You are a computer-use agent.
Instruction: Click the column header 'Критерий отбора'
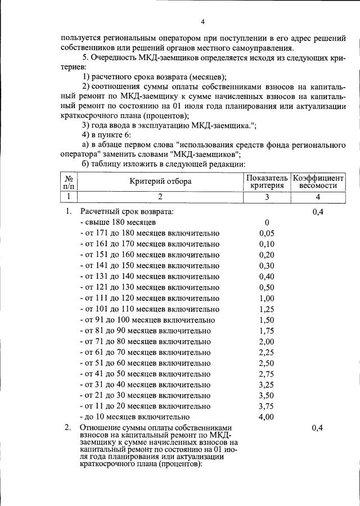pyautogui.click(x=160, y=181)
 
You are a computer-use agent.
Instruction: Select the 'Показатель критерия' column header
pyautogui.click(x=267, y=181)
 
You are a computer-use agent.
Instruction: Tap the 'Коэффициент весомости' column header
pyautogui.click(x=318, y=181)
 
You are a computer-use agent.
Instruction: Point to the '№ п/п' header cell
pyautogui.click(x=70, y=181)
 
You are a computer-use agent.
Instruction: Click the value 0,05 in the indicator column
pyautogui.click(x=267, y=233)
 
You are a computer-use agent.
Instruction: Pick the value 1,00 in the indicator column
pyautogui.click(x=267, y=298)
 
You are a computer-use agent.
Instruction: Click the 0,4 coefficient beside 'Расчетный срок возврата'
pyautogui.click(x=318, y=212)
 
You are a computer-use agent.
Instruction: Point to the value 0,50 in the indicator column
pyautogui.click(x=267, y=287)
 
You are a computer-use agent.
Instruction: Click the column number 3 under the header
pyautogui.click(x=267, y=197)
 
